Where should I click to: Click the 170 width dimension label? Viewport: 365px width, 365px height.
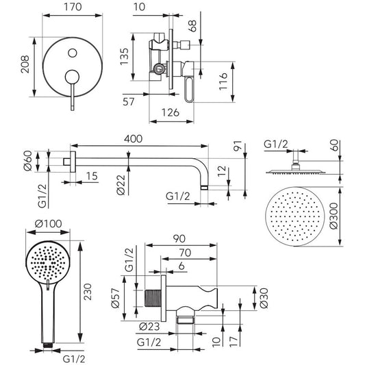(x=73, y=7)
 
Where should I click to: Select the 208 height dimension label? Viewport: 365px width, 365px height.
(x=25, y=64)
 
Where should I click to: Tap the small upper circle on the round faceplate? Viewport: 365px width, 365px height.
(x=73, y=53)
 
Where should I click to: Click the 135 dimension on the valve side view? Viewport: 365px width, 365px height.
(x=125, y=57)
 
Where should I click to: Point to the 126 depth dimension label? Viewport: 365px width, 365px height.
(x=171, y=112)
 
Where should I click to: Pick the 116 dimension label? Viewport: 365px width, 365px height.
(x=223, y=81)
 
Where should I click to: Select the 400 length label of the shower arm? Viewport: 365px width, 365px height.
(x=133, y=139)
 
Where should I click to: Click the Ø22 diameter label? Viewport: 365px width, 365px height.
(x=121, y=185)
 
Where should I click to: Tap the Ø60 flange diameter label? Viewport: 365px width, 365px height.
(x=27, y=161)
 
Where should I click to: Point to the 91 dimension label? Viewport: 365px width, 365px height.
(x=238, y=147)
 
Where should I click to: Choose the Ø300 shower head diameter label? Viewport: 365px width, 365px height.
(x=333, y=216)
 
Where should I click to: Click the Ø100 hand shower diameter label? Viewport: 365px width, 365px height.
(x=48, y=224)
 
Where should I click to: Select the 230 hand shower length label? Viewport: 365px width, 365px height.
(x=88, y=292)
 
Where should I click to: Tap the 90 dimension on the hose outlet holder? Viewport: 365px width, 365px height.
(x=179, y=239)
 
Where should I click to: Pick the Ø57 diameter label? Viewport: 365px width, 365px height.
(x=116, y=298)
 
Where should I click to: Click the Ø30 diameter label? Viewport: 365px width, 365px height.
(x=264, y=298)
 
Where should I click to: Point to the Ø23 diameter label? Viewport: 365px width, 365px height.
(x=149, y=327)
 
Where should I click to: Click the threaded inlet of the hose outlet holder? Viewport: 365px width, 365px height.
(x=153, y=298)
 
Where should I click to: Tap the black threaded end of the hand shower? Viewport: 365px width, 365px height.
(x=48, y=344)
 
